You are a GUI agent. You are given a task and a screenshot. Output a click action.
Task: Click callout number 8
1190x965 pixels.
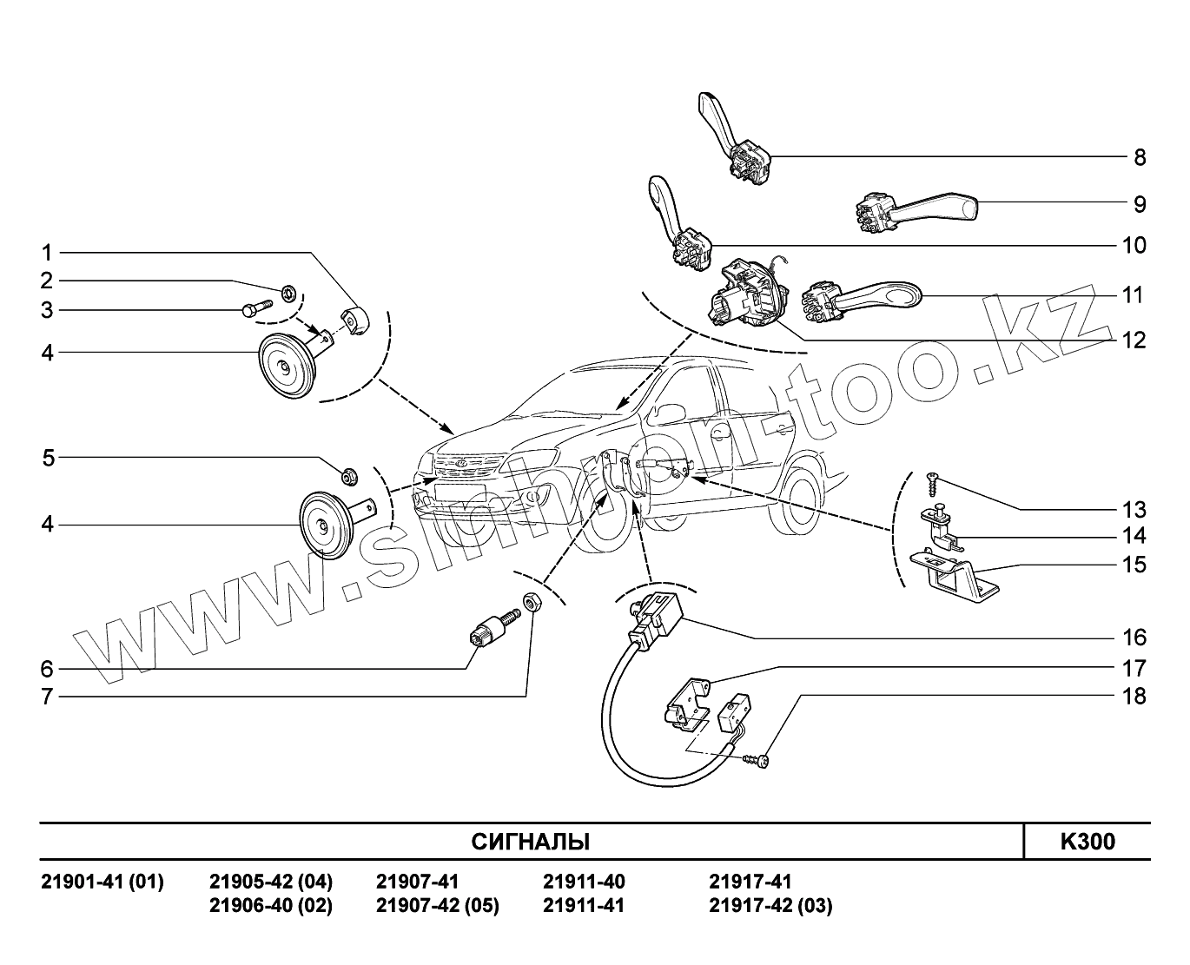(1139, 158)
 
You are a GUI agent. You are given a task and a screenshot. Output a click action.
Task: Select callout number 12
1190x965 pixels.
(1134, 340)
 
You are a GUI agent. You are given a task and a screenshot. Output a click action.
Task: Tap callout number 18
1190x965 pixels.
(1134, 697)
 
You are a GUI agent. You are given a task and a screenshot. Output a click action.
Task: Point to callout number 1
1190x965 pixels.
(48, 254)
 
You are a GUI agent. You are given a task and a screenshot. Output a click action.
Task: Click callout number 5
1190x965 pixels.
(49, 458)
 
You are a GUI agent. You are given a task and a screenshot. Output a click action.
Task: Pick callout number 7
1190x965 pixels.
(48, 697)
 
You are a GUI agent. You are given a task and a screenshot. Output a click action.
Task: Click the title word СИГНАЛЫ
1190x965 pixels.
(530, 842)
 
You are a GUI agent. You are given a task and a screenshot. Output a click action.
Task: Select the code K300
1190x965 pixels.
(1087, 842)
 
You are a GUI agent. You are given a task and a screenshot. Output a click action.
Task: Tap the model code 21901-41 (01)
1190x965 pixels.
(102, 882)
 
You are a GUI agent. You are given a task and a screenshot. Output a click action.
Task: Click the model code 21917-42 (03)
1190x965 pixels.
(770, 906)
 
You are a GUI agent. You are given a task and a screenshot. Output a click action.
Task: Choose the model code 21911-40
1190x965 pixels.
(584, 882)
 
